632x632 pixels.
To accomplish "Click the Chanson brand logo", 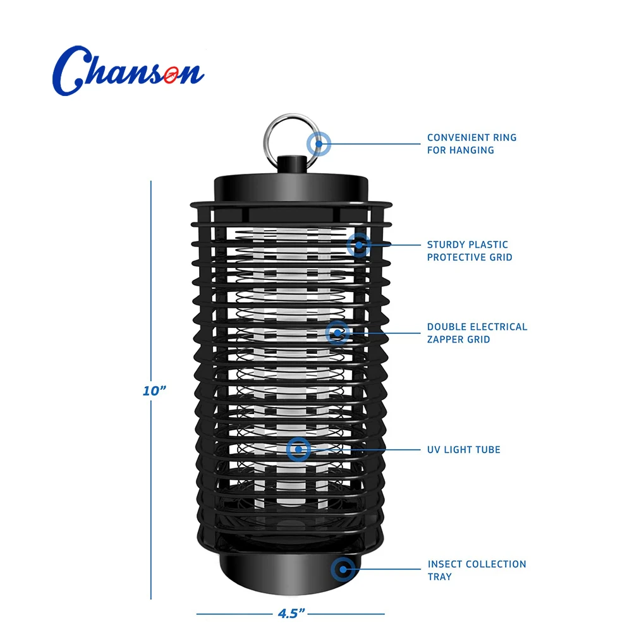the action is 128,71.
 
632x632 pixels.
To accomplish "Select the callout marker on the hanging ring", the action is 319,144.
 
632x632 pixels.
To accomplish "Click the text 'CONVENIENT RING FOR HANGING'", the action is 471,144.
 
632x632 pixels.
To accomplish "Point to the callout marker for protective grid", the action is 358,245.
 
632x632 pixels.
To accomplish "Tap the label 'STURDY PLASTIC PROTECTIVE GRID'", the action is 470,251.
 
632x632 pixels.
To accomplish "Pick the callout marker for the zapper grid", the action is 337,333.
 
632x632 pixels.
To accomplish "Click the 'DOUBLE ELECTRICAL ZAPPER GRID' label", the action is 477,333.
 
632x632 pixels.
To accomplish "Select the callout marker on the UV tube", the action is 298,449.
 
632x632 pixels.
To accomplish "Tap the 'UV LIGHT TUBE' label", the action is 463,449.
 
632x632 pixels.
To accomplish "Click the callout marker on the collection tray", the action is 343,569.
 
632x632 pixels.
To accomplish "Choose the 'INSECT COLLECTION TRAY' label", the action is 477,570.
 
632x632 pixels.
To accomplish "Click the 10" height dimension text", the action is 154,391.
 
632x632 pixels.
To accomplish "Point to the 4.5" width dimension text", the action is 291,614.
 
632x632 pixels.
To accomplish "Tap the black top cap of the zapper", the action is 291,189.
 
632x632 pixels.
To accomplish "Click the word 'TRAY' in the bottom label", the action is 440,577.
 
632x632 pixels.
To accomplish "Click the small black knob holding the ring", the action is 292,164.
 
